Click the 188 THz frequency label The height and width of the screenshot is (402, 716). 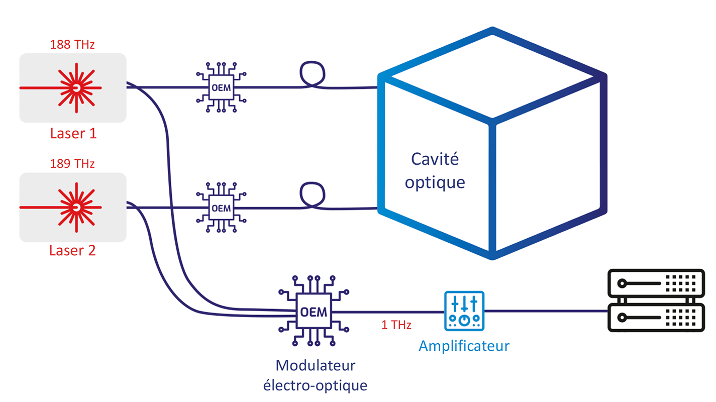point(72,45)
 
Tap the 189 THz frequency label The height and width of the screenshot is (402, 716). point(72,164)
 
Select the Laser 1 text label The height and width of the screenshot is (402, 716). point(73,133)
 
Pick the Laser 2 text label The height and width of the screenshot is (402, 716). point(72,250)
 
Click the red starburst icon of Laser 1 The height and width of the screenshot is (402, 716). point(76,88)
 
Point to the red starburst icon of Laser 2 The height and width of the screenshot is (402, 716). point(76,207)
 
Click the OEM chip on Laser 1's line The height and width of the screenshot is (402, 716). point(221,88)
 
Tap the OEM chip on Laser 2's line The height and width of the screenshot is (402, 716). point(221,208)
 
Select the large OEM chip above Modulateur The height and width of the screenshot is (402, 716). point(314,312)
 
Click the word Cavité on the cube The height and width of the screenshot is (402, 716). point(435,159)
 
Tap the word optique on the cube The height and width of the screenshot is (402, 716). point(435,182)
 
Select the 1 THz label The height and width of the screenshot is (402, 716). point(396,326)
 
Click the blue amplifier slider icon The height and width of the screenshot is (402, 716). point(464,311)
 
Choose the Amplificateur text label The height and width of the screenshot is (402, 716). point(464,346)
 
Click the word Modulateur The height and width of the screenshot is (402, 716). point(316,365)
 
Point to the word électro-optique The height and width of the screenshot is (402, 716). point(316,386)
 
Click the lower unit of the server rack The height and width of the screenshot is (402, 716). point(655,318)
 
